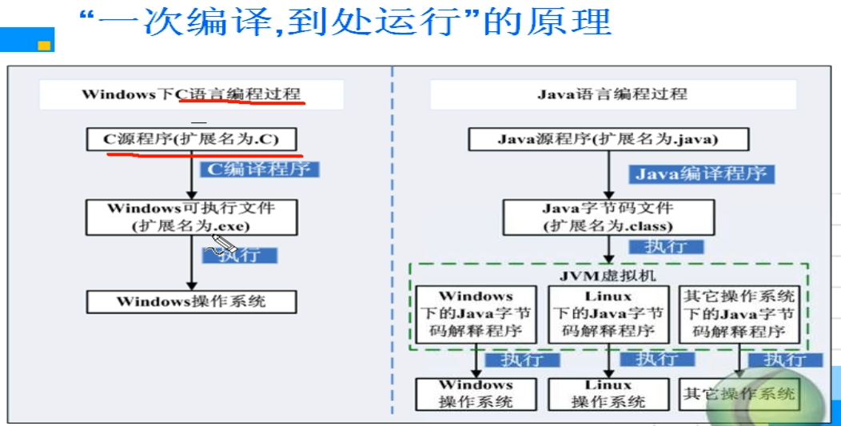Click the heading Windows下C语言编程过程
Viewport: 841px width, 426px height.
point(192,94)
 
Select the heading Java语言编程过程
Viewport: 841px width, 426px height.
point(612,94)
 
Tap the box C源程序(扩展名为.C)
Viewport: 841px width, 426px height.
point(191,139)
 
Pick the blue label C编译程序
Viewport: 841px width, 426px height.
point(263,169)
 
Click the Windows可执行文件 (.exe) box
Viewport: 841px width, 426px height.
point(191,217)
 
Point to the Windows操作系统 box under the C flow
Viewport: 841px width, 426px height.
point(191,301)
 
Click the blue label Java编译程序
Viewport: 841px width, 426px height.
point(701,173)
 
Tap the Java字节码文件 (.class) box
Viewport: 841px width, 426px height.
point(608,217)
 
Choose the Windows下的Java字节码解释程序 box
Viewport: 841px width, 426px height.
point(476,314)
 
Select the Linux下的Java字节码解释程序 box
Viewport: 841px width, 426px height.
point(608,314)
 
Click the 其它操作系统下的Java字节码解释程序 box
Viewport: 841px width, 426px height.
point(739,314)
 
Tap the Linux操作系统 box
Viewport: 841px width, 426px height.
point(608,394)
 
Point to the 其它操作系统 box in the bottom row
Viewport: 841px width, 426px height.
point(739,394)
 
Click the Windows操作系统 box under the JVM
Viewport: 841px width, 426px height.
point(476,394)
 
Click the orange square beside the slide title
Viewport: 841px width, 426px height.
point(44,46)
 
